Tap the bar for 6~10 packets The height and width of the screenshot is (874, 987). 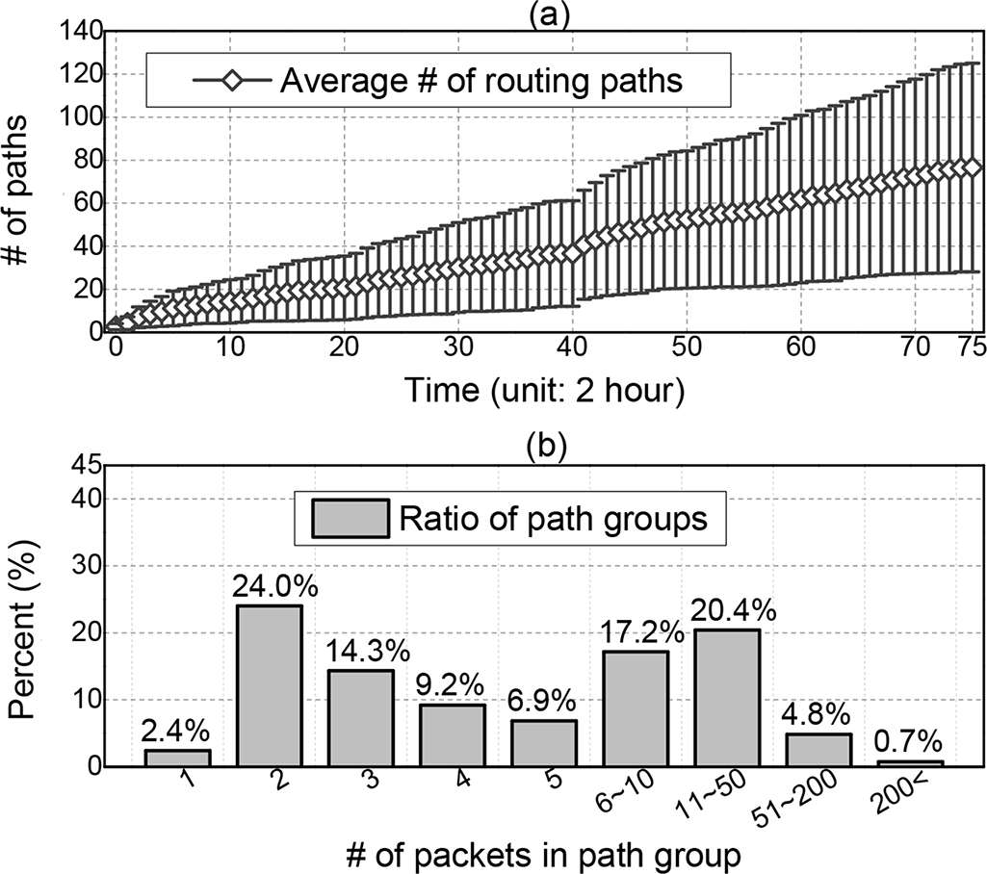coord(635,708)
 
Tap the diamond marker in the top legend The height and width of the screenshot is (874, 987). coord(231,81)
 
